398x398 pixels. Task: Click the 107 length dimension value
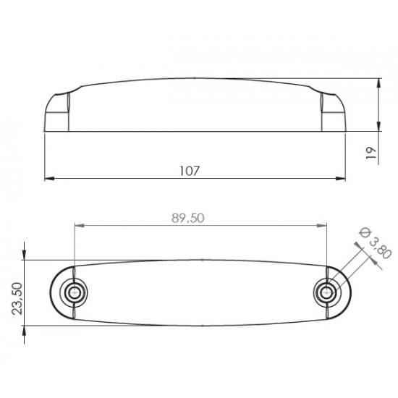pyautogui.click(x=189, y=170)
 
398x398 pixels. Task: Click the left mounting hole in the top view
pyautogui.click(x=73, y=292)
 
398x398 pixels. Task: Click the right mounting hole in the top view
pyautogui.click(x=326, y=292)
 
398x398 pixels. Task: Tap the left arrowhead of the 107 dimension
pyautogui.click(x=49, y=179)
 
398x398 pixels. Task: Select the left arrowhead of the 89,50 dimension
pyautogui.click(x=78, y=226)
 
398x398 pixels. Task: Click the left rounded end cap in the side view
pyautogui.click(x=56, y=112)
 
